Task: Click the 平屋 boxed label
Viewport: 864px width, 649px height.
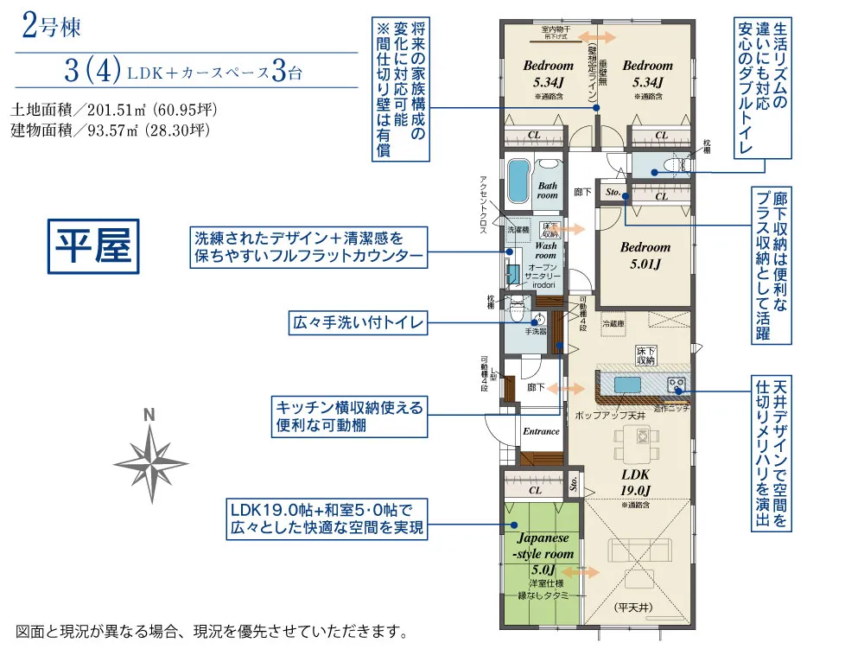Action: coord(93,247)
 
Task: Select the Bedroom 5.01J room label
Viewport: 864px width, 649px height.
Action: coord(645,255)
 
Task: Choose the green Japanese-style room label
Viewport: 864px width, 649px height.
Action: coord(542,553)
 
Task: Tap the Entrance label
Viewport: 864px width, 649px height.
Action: coord(541,431)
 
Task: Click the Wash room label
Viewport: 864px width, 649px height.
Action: coord(545,251)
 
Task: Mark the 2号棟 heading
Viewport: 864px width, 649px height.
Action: coord(52,28)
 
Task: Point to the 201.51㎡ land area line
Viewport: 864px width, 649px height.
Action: coord(113,111)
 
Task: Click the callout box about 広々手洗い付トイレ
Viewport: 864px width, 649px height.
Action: coord(359,324)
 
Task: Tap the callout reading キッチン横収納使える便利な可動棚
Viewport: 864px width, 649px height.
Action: coord(350,417)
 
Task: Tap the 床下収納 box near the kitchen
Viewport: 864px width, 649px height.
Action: coord(646,355)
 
